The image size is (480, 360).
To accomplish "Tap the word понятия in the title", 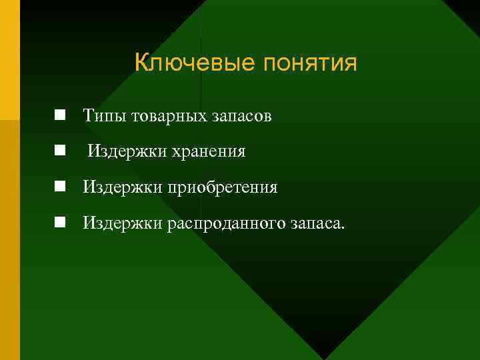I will pos(311,63).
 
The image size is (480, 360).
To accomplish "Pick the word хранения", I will pos(209,152).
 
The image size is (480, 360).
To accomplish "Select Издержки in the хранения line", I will pos(119,152).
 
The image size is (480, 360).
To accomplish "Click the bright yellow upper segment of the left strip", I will pos(9,60).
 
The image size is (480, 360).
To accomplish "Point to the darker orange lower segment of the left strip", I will pos(9,240).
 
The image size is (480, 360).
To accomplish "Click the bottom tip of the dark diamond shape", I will pos(324,357).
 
